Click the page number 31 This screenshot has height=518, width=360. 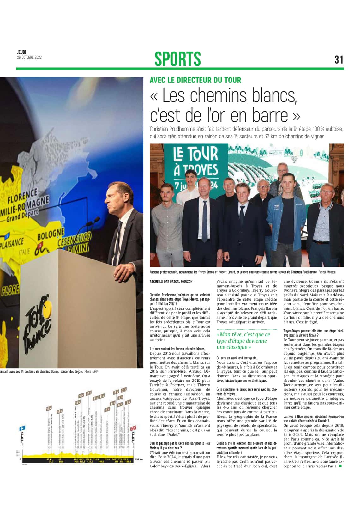[339, 59]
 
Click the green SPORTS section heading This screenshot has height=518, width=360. [177, 59]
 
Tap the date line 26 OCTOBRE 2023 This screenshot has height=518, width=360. [29, 58]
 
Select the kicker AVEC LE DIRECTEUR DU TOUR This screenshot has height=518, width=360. [195, 80]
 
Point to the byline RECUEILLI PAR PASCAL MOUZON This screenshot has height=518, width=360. [171, 282]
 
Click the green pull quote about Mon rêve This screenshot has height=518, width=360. [243, 341]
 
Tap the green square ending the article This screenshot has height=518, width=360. [340, 466]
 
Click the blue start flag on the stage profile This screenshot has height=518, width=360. [22, 429]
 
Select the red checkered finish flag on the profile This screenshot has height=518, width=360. [135, 428]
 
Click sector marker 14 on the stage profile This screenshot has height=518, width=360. [48, 409]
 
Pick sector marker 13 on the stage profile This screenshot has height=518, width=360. [59, 411]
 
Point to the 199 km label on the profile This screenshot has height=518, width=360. [139, 459]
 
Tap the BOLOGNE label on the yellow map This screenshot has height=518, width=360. [51, 235]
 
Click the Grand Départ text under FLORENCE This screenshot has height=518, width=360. [22, 216]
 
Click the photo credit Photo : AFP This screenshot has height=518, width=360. [91, 372]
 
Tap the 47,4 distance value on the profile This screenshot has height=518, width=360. [49, 459]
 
